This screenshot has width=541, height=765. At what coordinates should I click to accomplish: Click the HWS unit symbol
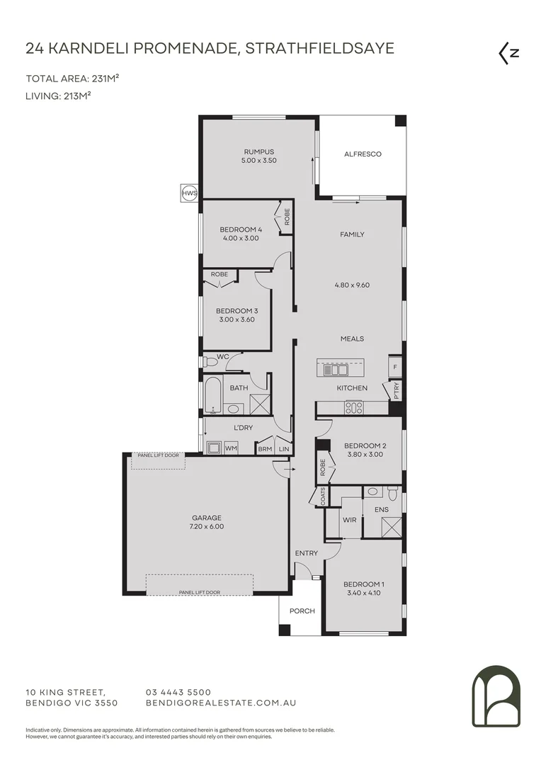(x=189, y=193)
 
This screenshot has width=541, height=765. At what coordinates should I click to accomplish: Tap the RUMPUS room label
(x=258, y=152)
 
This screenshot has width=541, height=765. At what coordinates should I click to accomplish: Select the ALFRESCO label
(x=363, y=154)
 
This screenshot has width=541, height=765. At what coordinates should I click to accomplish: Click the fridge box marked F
(x=394, y=368)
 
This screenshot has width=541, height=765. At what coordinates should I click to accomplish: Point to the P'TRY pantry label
(x=396, y=391)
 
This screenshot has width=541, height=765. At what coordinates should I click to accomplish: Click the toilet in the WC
(x=210, y=362)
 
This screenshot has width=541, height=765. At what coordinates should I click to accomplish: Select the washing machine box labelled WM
(x=231, y=448)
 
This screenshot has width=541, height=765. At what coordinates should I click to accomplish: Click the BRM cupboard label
(x=265, y=448)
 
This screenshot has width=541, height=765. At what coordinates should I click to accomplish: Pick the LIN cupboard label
(x=283, y=448)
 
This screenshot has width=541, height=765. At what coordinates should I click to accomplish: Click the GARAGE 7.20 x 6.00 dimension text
(x=207, y=526)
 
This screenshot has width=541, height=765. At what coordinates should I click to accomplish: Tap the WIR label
(x=349, y=519)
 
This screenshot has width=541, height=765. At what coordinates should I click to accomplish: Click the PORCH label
(x=302, y=611)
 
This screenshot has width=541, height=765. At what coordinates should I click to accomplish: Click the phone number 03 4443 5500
(x=178, y=692)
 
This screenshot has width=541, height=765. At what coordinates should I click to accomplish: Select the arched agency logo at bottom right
(x=496, y=696)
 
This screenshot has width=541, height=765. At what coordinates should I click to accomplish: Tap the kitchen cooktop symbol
(x=353, y=407)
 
